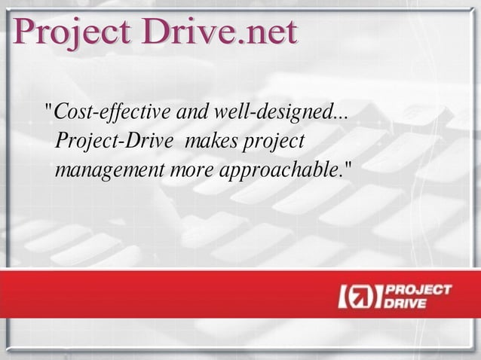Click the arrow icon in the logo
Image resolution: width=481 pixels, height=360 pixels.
pos(360,297)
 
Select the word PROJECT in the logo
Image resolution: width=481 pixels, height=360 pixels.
pos(418,289)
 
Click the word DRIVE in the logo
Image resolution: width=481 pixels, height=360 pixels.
pos(406,304)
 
